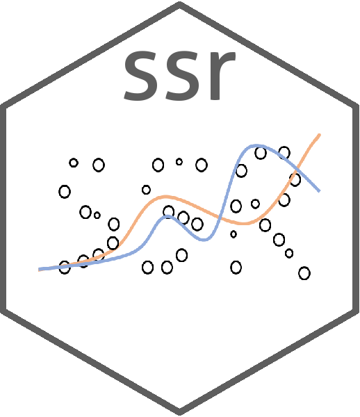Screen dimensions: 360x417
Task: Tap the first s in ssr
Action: pos(141,76)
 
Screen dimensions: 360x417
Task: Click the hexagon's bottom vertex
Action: pos(180,413)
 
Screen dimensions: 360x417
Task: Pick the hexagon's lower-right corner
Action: pos(357,311)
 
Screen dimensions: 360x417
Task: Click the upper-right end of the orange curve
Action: pos(319,135)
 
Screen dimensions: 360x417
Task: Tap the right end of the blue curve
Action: pos(319,190)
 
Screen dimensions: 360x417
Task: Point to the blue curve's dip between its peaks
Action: pos(204,240)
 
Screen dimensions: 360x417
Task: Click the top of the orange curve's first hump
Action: pos(165,197)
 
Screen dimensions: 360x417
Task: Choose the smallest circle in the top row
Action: pos(179,161)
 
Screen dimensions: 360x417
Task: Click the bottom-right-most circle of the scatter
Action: pos(304,273)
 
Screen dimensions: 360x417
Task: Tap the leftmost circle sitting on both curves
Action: pos(65,268)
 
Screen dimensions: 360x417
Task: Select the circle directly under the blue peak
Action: pos(261,153)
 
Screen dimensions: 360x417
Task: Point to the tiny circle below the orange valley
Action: pos(234,234)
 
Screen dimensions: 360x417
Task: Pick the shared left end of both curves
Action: pos(40,270)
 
